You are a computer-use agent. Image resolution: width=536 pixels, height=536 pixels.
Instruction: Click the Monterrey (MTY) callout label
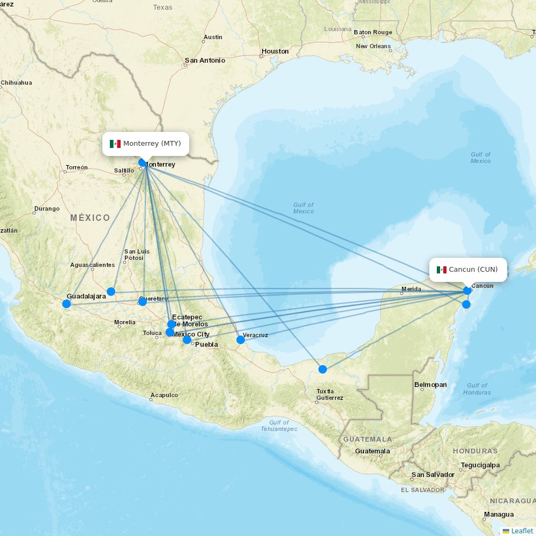(146, 144)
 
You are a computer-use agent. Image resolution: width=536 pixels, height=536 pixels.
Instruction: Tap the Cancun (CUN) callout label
(468, 270)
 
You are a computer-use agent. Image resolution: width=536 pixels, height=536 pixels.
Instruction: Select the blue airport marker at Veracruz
(241, 339)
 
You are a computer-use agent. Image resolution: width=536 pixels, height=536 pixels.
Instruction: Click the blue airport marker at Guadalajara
(66, 304)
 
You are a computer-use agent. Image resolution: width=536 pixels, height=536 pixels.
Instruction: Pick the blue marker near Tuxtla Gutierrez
(323, 369)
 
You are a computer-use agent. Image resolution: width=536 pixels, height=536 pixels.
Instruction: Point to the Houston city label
(275, 51)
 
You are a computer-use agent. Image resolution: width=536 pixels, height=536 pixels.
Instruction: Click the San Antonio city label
(205, 61)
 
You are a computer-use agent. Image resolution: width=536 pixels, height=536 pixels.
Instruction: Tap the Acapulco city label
(165, 395)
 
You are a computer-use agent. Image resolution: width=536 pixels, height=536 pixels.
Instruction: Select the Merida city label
(411, 289)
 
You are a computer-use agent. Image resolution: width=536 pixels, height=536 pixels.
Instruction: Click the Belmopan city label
(430, 385)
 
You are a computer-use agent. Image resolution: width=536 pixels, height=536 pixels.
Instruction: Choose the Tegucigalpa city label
(480, 465)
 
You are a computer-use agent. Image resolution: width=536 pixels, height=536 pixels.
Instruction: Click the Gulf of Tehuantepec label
(279, 426)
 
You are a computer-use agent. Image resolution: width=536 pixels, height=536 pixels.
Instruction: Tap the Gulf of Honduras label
(477, 389)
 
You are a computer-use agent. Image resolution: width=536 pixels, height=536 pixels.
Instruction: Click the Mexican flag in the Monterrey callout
(115, 144)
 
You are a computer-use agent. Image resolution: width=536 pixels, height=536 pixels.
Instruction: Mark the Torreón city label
(77, 168)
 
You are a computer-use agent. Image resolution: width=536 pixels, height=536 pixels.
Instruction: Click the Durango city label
(47, 209)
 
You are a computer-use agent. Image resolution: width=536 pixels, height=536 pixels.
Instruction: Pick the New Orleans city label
(374, 47)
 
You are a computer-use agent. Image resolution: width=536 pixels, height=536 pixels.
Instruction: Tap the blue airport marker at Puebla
(187, 340)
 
